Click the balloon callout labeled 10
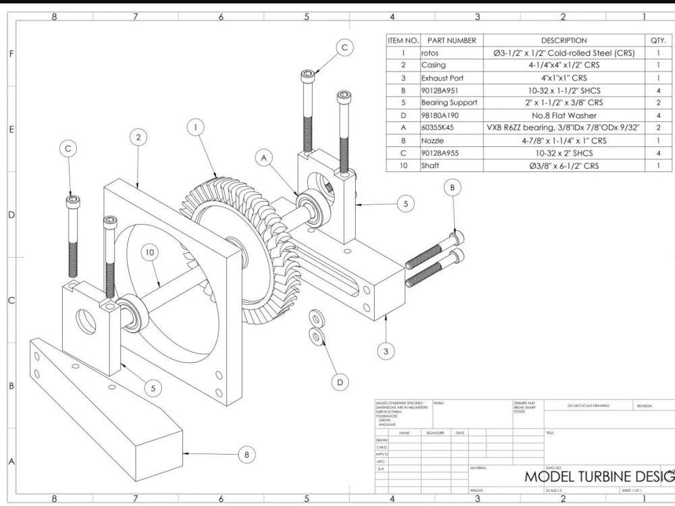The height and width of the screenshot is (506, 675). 149,252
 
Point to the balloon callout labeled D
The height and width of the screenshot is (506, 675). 340,381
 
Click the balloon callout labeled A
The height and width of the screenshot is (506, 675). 265,157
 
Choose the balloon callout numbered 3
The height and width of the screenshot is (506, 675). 385,351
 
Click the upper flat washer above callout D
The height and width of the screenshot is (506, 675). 316,318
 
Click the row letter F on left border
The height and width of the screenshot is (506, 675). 9,53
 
